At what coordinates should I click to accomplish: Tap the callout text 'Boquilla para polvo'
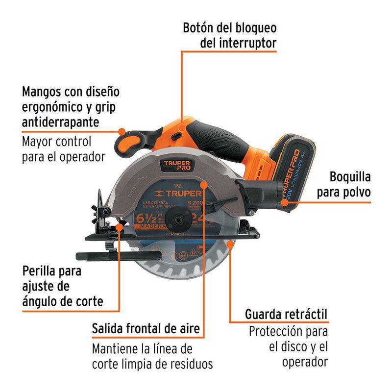click(x=343, y=184)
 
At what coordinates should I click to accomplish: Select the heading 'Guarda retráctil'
click(x=286, y=314)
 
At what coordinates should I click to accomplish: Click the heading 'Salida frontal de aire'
click(x=146, y=328)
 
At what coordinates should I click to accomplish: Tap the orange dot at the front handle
click(x=122, y=131)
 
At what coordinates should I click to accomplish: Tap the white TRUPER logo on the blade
click(x=181, y=194)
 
